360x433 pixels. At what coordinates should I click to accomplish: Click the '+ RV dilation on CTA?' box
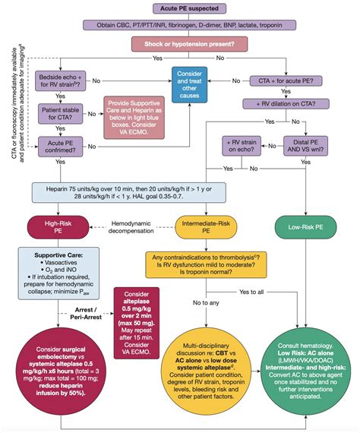click(289, 103)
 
